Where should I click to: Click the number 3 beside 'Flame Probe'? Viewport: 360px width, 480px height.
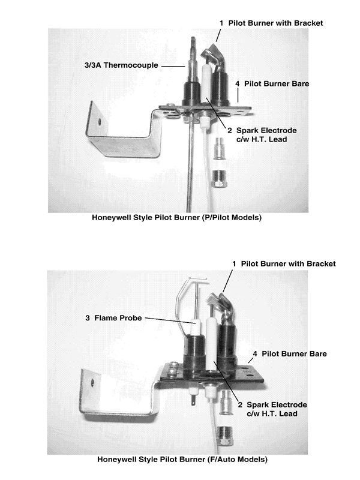coord(87,318)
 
